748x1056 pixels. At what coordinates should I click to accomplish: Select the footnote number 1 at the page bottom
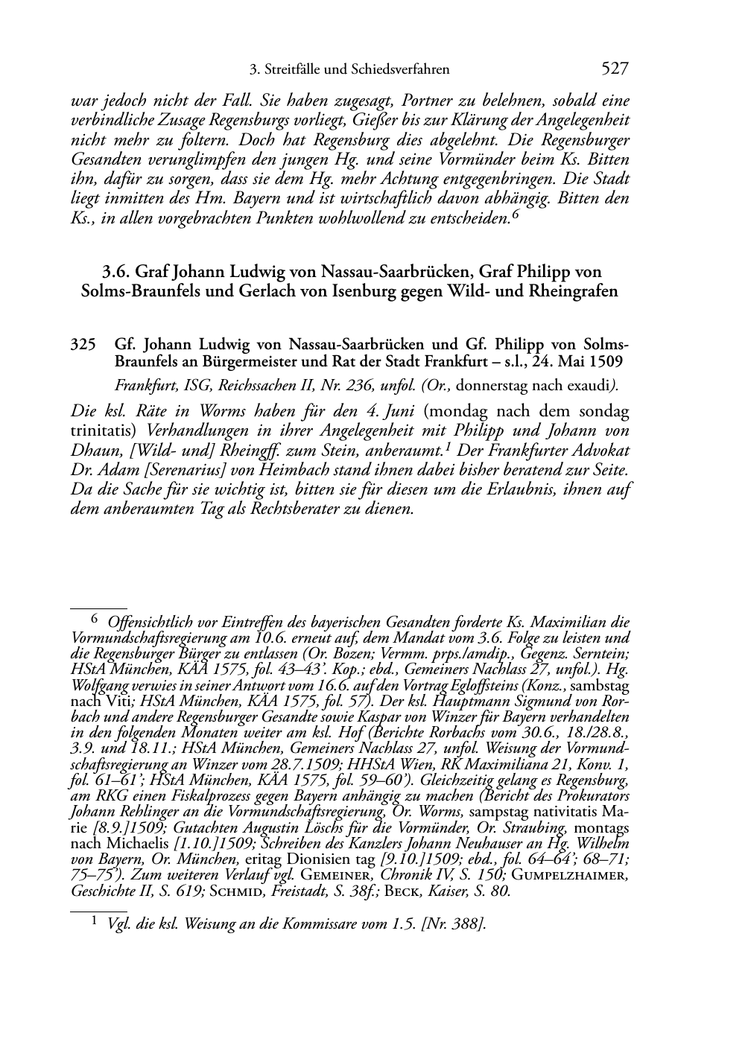[x=94, y=922]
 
